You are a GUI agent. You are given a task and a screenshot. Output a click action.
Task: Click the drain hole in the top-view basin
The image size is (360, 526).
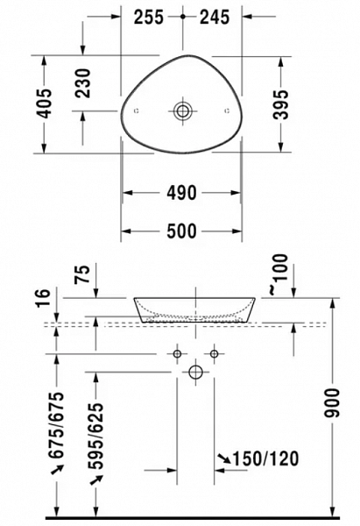click(183, 111)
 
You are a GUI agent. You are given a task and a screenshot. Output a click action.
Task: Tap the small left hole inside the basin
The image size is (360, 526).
click(137, 111)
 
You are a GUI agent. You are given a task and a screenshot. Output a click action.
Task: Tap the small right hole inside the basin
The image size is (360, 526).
click(228, 110)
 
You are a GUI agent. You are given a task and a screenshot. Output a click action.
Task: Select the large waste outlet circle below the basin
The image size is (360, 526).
click(195, 373)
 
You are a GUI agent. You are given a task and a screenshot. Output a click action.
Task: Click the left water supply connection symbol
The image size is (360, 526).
click(178, 353)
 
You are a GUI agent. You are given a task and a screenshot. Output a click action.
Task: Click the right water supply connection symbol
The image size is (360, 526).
click(213, 353)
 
